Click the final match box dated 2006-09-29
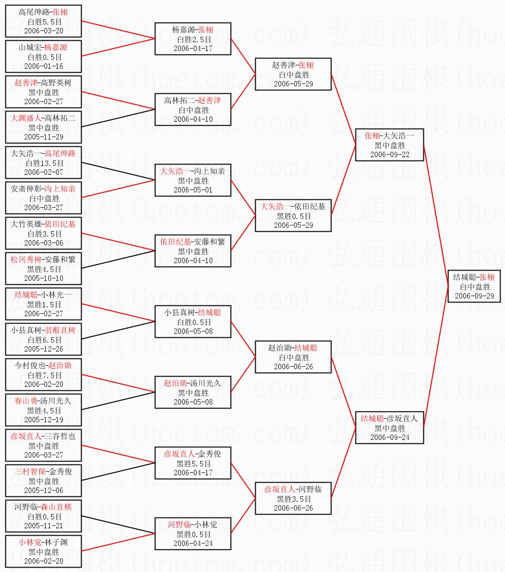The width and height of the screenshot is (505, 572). click(x=474, y=287)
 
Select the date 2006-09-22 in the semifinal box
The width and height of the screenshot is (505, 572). click(x=389, y=155)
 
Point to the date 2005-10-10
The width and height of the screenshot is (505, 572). click(x=44, y=278)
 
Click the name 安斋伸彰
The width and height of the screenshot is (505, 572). click(x=27, y=189)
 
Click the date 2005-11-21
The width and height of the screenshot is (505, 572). click(x=44, y=526)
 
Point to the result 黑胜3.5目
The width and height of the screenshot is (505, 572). click(x=294, y=499)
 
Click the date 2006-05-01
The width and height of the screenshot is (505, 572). click(x=193, y=190)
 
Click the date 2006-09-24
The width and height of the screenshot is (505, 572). click(x=389, y=437)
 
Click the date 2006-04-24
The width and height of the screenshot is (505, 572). click(x=193, y=544)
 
